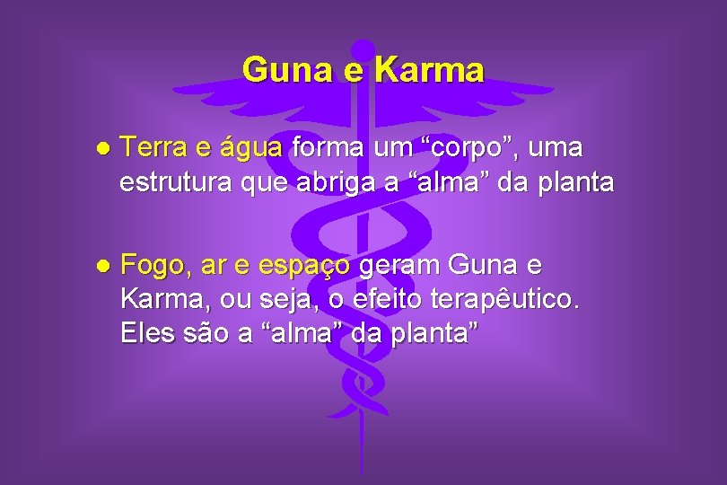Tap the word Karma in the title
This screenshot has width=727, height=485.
tap(429, 69)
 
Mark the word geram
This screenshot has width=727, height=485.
tap(399, 267)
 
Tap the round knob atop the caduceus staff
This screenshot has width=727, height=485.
tap(363, 50)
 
